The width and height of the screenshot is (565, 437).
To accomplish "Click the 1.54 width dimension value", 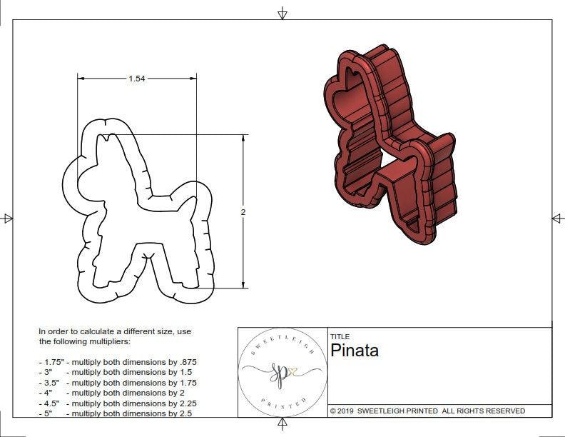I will click(x=137, y=79).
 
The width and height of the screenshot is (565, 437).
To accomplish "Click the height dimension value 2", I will click(x=243, y=212).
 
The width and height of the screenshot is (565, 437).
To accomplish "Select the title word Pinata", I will click(x=355, y=351).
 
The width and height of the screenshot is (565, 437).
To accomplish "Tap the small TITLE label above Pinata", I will click(x=340, y=337).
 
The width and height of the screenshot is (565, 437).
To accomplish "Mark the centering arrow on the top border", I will click(x=282, y=13).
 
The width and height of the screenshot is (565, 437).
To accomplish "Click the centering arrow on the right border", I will click(x=556, y=218).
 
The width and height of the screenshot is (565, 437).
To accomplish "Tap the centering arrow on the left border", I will click(x=8, y=218).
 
